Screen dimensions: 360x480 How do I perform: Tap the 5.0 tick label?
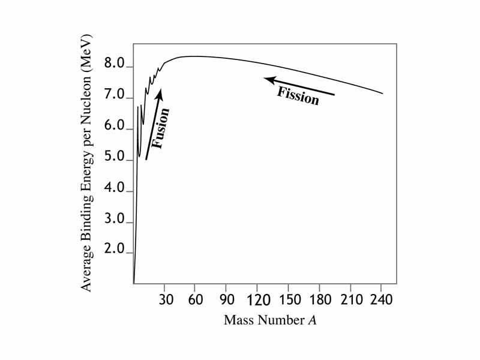click(114, 160)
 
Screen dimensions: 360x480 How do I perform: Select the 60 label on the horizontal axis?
click(195, 299)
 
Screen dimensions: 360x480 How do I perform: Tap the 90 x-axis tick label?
click(226, 299)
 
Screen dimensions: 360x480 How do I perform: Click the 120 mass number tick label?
click(257, 299)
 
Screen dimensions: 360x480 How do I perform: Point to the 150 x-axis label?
click(289, 299)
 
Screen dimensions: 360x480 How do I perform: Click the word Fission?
click(298, 96)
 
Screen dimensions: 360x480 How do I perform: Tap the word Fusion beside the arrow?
click(161, 128)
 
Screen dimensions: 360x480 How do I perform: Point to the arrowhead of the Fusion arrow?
click(159, 92)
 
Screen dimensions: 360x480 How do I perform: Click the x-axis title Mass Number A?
click(270, 320)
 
